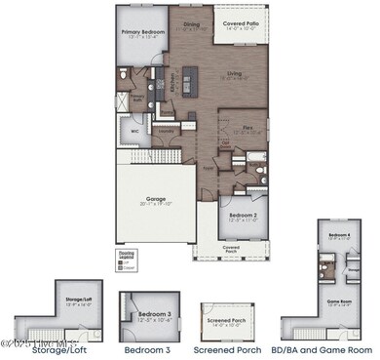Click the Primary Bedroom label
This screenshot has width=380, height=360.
tap(144, 32)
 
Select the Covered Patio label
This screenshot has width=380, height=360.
tap(241, 21)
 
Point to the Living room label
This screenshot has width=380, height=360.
tap(234, 72)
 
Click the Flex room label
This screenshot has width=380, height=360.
tap(250, 126)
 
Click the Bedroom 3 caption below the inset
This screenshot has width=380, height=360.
tap(148, 348)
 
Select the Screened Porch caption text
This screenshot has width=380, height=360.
tap(226, 348)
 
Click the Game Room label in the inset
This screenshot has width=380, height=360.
tap(338, 302)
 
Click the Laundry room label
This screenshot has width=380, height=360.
tap(168, 129)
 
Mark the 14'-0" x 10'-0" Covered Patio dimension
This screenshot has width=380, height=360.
tap(241, 29)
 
